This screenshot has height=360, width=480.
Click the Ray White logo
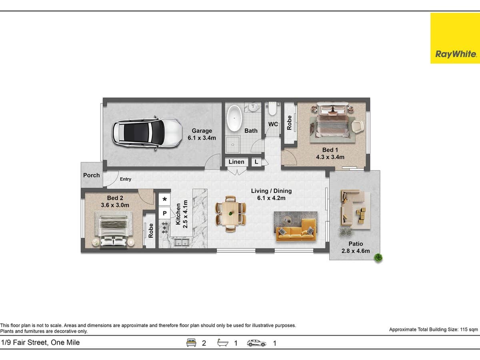point(455,38)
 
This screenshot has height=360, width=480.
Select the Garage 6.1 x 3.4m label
point(202,134)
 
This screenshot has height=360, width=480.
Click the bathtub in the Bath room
point(234,119)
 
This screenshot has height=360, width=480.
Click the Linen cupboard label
point(236,162)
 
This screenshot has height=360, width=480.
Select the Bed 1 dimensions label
point(330,154)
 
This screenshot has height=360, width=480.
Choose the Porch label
point(92,175)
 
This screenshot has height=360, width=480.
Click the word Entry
point(126,179)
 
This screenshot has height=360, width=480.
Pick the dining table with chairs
point(230,214)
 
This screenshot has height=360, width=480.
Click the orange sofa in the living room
point(296,230)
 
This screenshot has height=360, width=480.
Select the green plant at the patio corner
point(377,258)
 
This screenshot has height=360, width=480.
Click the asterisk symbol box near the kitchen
point(165,199)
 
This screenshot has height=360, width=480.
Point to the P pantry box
point(165,214)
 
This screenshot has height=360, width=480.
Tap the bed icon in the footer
point(192,343)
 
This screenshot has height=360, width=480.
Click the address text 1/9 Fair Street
point(40,342)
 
